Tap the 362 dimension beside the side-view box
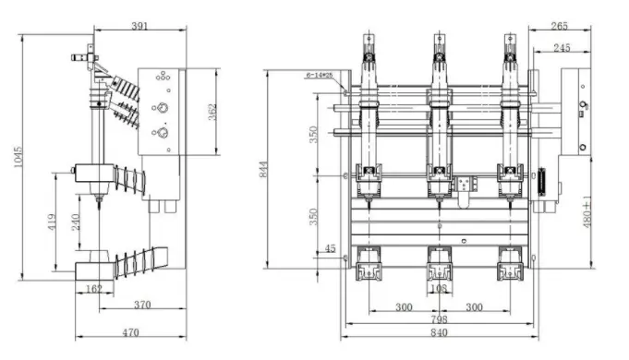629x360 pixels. coord(212,112)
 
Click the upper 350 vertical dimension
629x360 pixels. coord(314,135)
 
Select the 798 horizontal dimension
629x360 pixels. coord(440,318)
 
